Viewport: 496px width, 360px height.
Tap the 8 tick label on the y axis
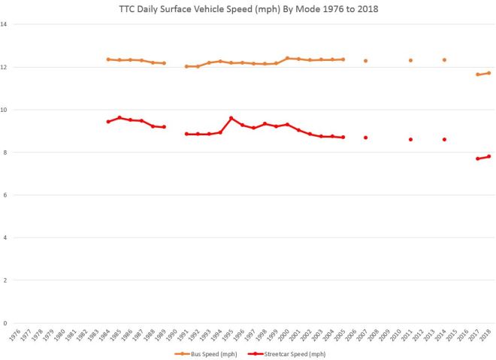point(6,153)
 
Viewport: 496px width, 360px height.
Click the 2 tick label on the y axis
point(6,281)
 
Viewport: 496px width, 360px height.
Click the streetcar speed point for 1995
point(231,118)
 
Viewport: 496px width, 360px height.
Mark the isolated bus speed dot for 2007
point(366,61)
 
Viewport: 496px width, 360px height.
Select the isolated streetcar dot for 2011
point(411,139)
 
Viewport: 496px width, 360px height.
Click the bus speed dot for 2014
point(444,60)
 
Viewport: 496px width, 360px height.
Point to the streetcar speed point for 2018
point(489,156)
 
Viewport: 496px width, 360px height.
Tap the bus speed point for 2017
point(478,74)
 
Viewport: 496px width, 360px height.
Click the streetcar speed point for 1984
point(108,122)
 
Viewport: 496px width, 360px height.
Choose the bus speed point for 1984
point(108,59)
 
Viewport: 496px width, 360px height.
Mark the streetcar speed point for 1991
point(186,134)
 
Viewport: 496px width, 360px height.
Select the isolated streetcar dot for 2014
point(444,139)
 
